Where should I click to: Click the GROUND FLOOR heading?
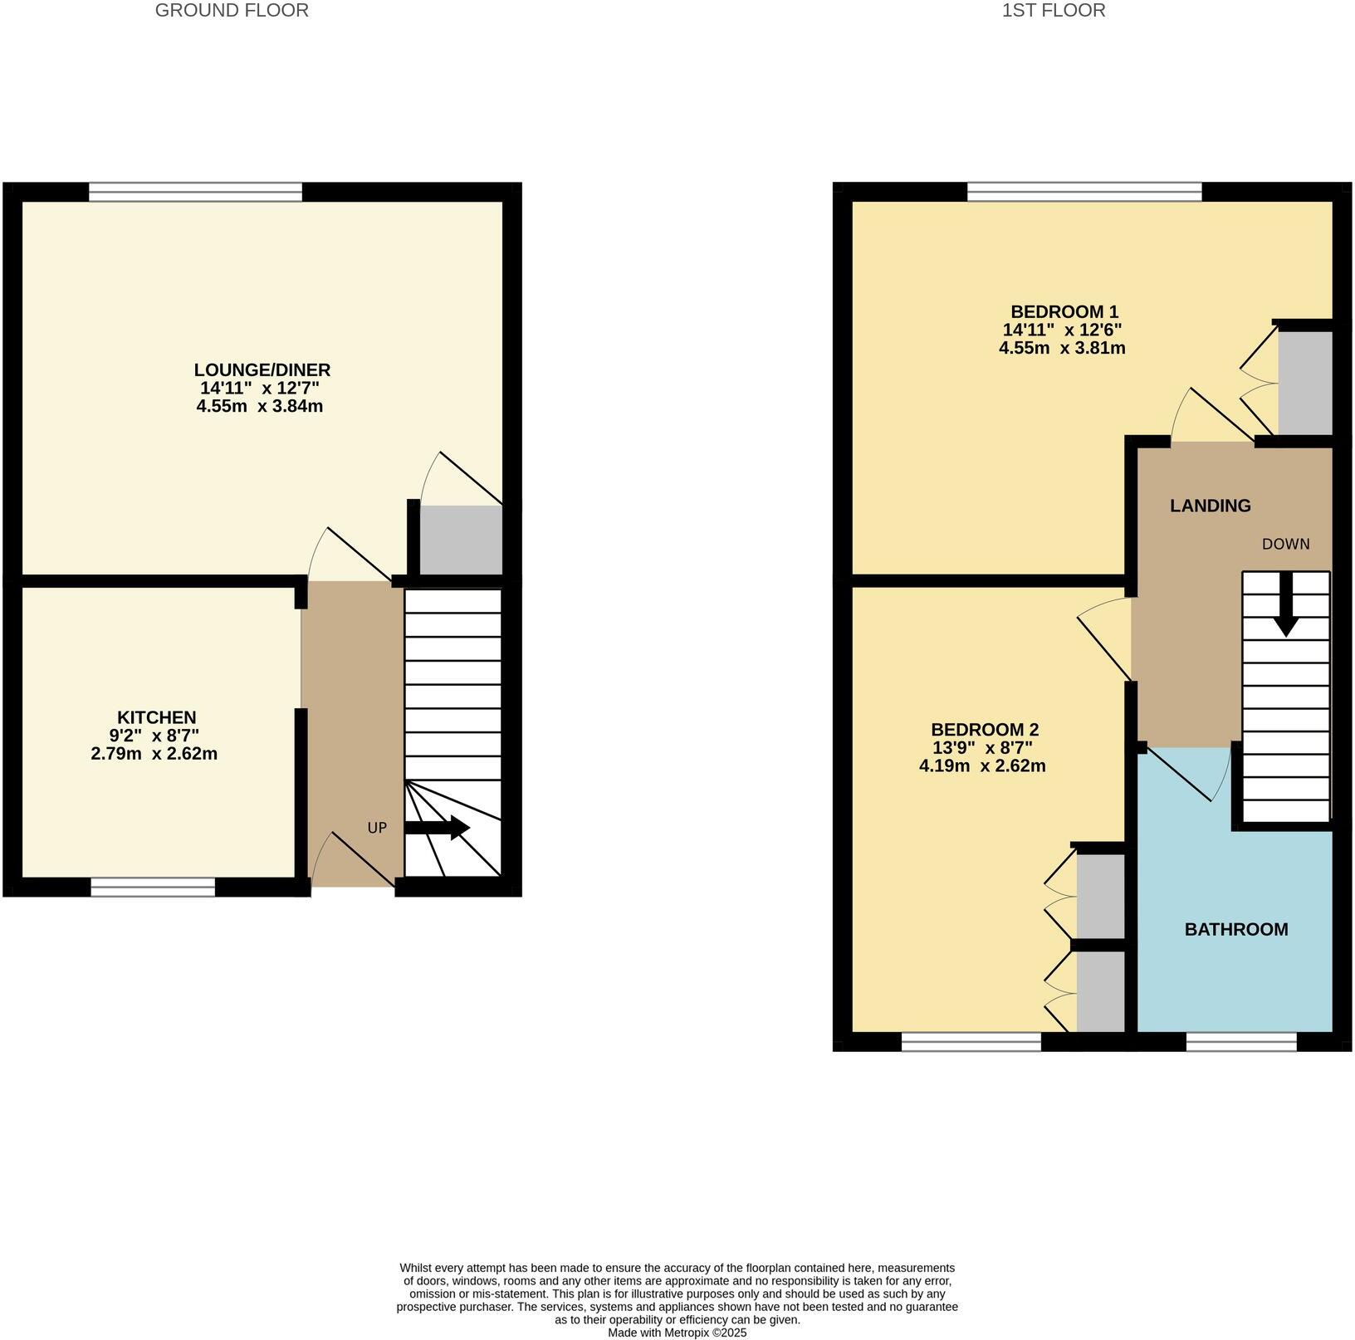click(x=232, y=10)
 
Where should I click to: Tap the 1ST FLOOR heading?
click(x=1054, y=10)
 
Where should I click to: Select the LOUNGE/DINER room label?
click(x=262, y=369)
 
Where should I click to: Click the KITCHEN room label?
click(x=156, y=717)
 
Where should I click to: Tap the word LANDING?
click(x=1210, y=506)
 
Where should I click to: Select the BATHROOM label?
click(x=1235, y=929)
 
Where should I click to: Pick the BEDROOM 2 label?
click(x=985, y=730)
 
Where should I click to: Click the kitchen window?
click(x=153, y=888)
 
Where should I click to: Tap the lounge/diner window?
click(x=196, y=193)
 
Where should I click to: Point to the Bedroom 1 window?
click(x=1084, y=193)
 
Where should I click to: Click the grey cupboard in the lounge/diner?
click(x=461, y=540)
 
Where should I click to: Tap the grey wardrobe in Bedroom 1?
click(x=1304, y=383)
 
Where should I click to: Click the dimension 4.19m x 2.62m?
click(x=981, y=766)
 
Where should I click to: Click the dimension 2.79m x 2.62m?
click(x=154, y=754)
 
